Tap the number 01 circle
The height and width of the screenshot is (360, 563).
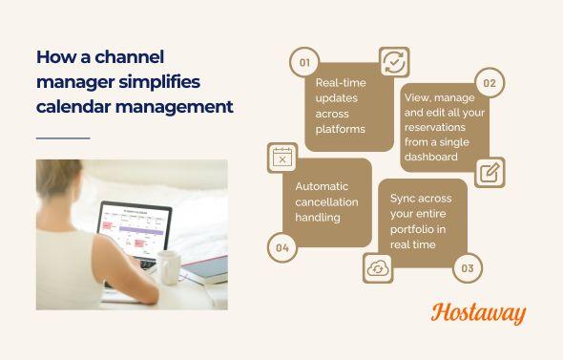pyautogui.click(x=304, y=63)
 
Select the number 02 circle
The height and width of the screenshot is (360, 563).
pyautogui.click(x=490, y=83)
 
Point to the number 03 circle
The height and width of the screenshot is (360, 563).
pyautogui.click(x=468, y=268)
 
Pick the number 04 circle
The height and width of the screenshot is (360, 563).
pyautogui.click(x=281, y=248)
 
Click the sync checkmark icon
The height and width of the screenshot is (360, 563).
pyautogui.click(x=393, y=62)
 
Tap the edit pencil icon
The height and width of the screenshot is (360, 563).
pyautogui.click(x=490, y=172)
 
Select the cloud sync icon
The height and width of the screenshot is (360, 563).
pyautogui.click(x=379, y=268)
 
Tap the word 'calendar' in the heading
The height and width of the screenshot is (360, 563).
pyautogui.click(x=72, y=106)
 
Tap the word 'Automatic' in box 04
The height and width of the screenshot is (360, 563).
pyautogui.click(x=323, y=186)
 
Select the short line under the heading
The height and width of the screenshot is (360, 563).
pyautogui.click(x=62, y=138)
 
